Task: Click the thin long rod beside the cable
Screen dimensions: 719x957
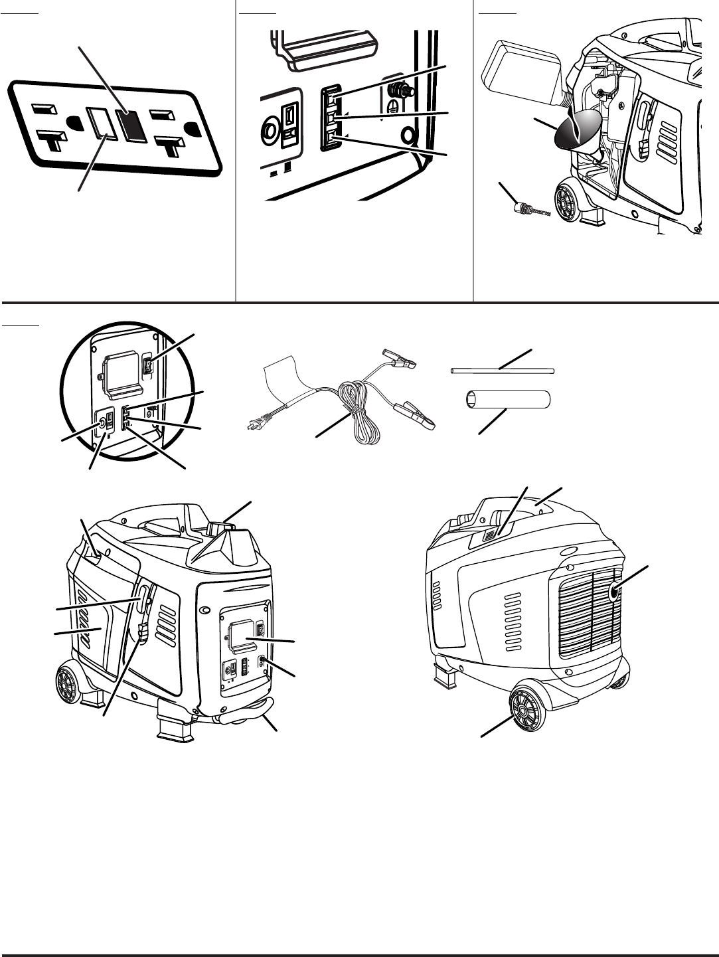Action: click(502, 371)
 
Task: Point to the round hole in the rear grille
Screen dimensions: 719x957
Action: click(615, 591)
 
